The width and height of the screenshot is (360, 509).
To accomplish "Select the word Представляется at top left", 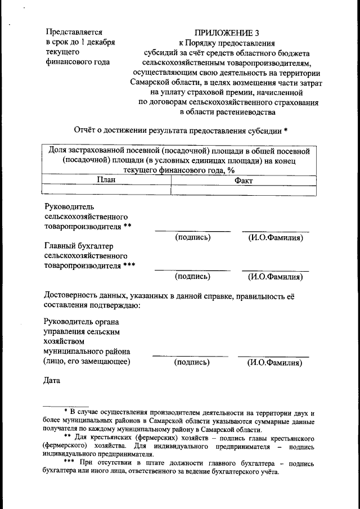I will click(73, 32).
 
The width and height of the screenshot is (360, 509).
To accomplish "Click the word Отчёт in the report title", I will click(87, 130).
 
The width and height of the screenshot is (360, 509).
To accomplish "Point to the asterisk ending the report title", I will click(286, 130).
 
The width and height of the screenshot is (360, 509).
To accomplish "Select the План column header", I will click(106, 180).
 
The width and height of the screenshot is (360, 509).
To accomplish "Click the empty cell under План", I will click(106, 190).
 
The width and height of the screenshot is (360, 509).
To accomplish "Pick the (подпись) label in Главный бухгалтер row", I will click(192, 277).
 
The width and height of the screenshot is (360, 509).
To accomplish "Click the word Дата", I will click(52, 381).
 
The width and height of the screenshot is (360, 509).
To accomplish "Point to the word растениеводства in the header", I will click(247, 112).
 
